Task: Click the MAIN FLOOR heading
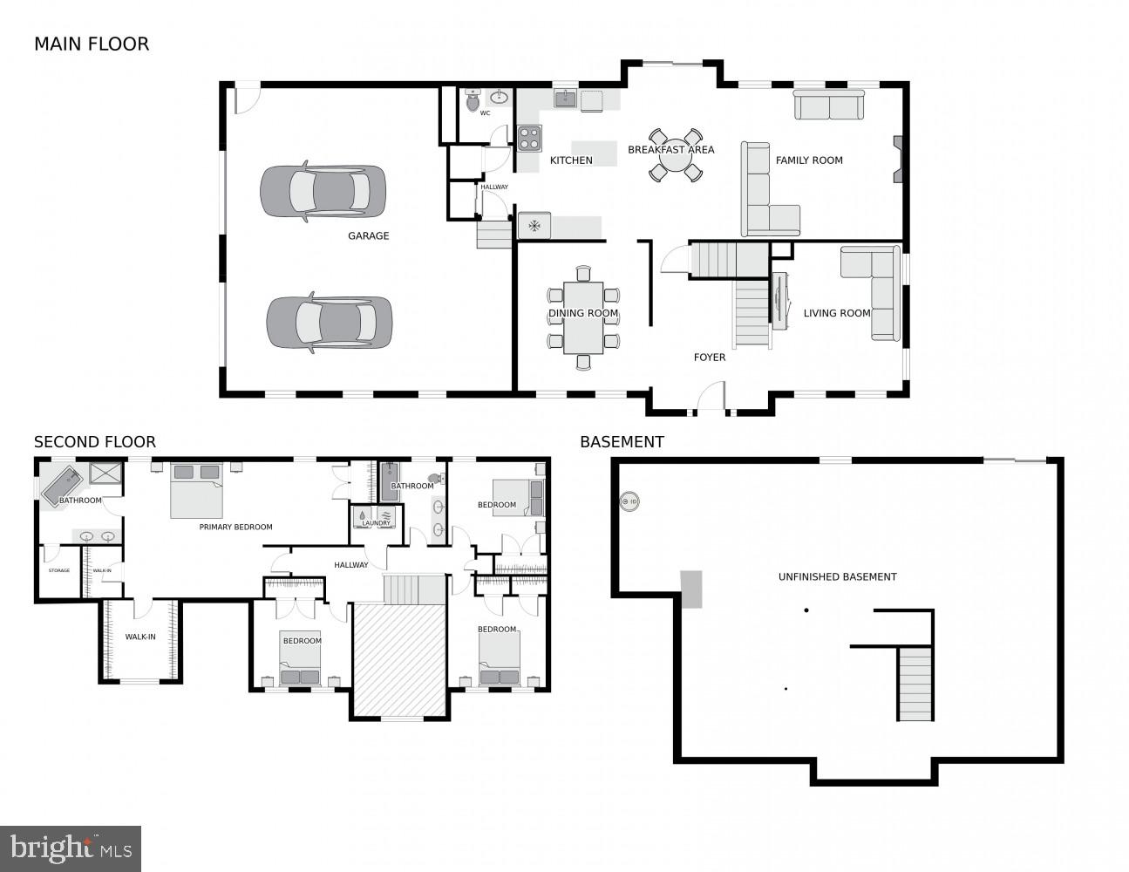[92, 44]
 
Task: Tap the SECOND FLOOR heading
[95, 442]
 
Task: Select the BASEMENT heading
[622, 442]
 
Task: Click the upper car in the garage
[323, 191]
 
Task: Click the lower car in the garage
[329, 323]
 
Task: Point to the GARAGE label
[368, 235]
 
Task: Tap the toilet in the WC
[473, 102]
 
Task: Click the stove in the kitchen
[529, 138]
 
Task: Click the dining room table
[583, 317]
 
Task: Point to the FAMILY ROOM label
[809, 160]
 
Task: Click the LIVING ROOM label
[836, 313]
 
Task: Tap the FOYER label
[709, 357]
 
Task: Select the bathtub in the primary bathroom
[61, 486]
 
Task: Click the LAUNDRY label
[376, 523]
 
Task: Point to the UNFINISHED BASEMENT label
[837, 576]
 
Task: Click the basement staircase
[915, 684]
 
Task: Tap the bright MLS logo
[71, 848]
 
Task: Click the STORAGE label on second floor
[58, 570]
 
